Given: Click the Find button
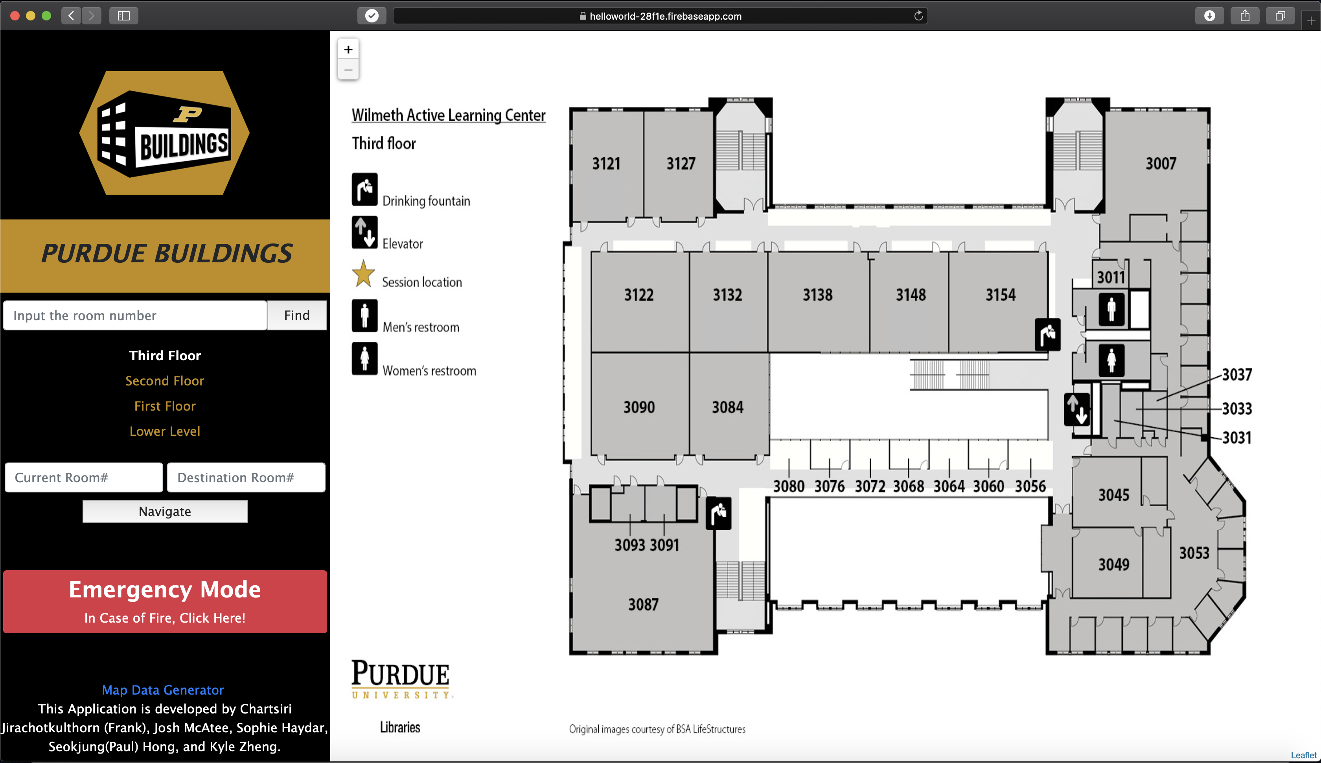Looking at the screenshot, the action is [x=297, y=315].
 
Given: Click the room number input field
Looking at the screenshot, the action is [x=135, y=315].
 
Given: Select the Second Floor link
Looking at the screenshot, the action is [x=164, y=381].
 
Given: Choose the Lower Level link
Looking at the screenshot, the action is [x=164, y=431].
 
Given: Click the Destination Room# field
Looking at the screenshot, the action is [x=246, y=477].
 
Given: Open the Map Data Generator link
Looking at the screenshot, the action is [x=163, y=689].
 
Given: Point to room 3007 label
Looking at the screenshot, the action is [x=1161, y=164].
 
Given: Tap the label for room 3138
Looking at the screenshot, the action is [x=818, y=295].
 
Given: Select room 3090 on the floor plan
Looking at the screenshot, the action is [x=639, y=407].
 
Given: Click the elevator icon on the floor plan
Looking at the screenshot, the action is [x=1077, y=409].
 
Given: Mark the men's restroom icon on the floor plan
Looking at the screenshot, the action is [x=1111, y=309].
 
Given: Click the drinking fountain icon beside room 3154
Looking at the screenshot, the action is [x=1048, y=334].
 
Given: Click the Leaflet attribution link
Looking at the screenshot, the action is [x=1303, y=755].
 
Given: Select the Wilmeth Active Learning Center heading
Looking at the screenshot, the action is [x=448, y=115].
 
